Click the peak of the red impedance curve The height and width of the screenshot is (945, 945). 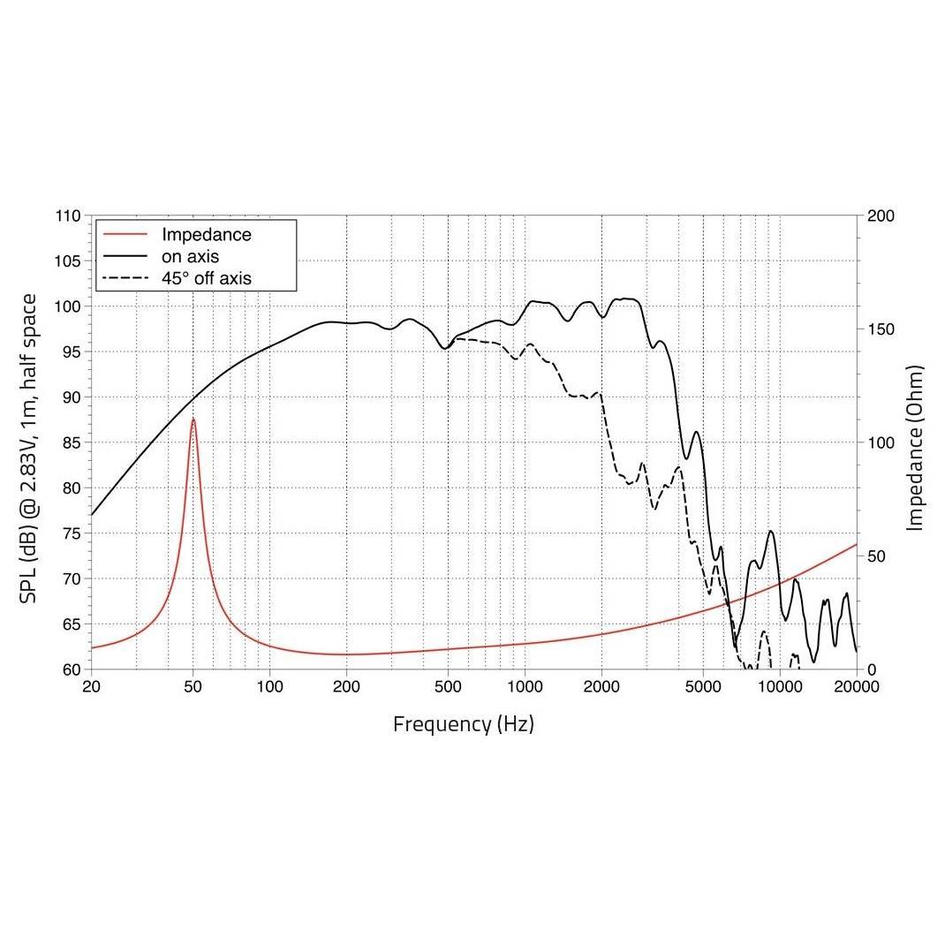193,419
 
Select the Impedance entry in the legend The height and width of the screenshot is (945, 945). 206,234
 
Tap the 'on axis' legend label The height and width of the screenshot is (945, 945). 190,256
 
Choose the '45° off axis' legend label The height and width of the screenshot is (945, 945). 206,278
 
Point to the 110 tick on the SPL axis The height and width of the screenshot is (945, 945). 67,215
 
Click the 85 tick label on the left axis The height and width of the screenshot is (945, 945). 72,442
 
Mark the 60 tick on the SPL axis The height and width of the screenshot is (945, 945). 72,669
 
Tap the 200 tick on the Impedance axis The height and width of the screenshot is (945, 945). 881,215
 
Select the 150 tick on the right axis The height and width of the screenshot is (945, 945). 881,329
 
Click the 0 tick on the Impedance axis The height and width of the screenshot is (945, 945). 872,669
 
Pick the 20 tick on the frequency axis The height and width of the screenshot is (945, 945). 91,686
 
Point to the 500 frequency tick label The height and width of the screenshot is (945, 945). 447,686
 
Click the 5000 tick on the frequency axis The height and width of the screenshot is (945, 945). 703,686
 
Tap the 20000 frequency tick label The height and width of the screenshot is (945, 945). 857,686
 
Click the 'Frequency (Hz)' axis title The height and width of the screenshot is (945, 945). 464,724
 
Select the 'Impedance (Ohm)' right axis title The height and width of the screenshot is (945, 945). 915,448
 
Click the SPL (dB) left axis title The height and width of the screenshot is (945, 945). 28,449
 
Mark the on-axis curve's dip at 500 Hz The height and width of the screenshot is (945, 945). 445,348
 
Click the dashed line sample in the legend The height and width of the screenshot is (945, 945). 125,278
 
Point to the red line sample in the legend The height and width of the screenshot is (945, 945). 125,234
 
